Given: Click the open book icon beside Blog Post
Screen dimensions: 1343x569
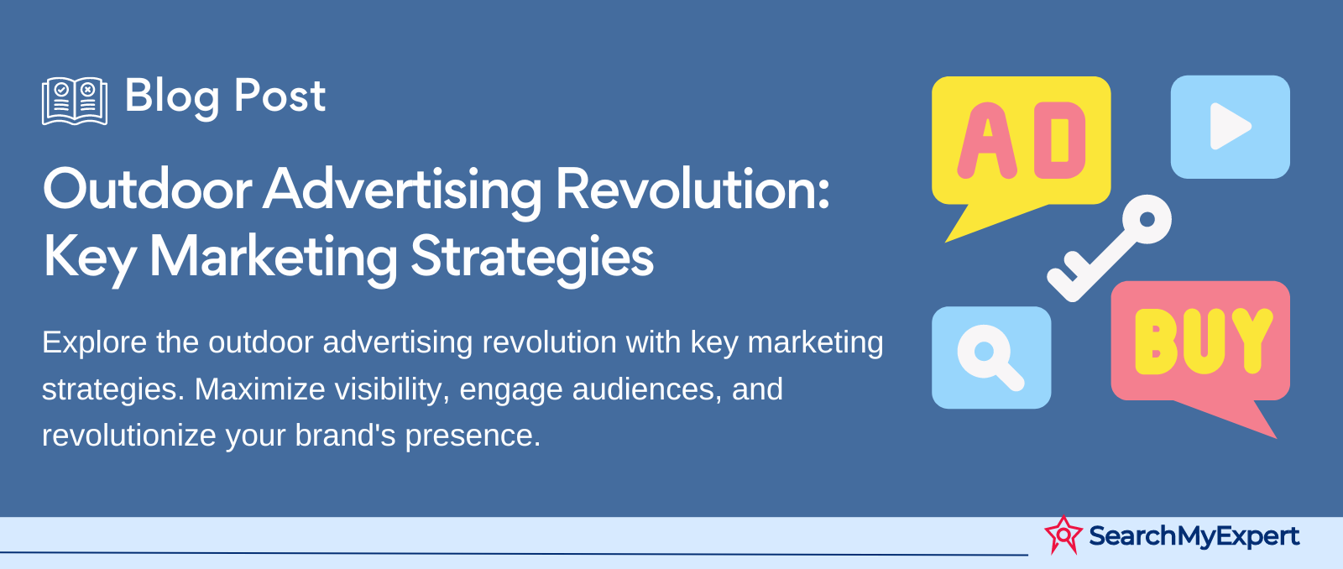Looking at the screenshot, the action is pos(75,101).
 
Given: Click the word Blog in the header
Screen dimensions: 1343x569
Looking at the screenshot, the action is pos(172,97).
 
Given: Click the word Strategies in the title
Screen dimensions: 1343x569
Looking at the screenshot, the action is pos(532,258).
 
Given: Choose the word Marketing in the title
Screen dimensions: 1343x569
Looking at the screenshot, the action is pos(273,258).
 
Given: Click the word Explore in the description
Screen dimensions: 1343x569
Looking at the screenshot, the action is pos(94,343).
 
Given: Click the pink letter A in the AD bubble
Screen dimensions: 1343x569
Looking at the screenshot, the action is pos(987,141).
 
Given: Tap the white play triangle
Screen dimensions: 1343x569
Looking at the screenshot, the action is pos(1230,127).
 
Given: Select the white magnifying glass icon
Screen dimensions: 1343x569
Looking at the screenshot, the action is pos(990,358).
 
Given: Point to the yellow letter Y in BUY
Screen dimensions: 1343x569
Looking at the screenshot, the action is pos(1251,342).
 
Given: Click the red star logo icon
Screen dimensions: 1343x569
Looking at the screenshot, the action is pos(1063,535).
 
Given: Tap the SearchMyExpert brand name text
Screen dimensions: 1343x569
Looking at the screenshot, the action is pos(1194,536).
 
